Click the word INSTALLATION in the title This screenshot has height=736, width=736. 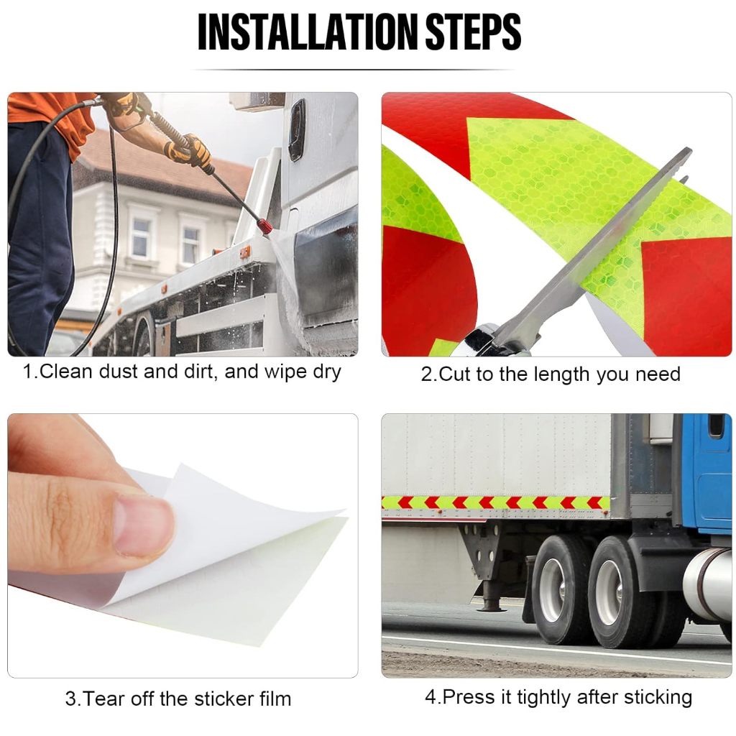pos(307,32)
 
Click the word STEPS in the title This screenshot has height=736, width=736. pos(473,32)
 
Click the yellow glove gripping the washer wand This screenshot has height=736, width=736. pos(189,150)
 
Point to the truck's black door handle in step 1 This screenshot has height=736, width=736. pos(297,130)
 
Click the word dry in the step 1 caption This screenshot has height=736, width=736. pos(327,372)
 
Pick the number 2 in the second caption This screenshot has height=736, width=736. pos(426,374)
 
